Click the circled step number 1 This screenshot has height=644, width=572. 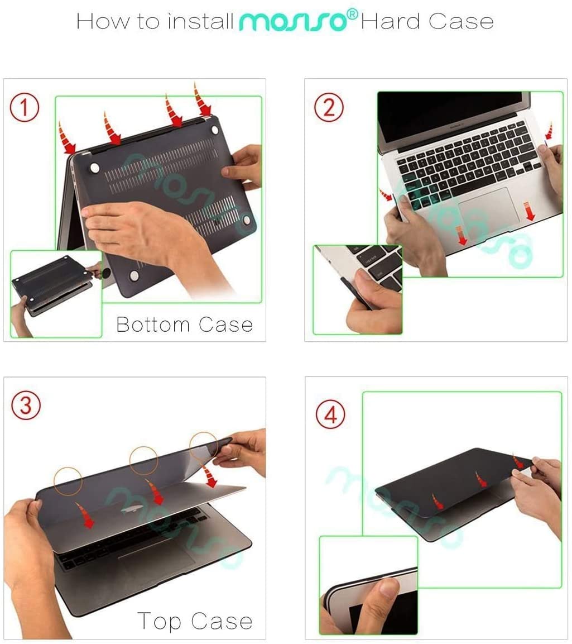click(x=25, y=108)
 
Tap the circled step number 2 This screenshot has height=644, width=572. click(x=329, y=107)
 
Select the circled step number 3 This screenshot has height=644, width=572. click(x=26, y=406)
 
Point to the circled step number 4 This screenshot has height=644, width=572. click(x=330, y=416)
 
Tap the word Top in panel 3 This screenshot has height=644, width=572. click(x=160, y=621)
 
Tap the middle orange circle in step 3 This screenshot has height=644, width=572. click(x=143, y=461)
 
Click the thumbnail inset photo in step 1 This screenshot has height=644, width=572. click(x=56, y=294)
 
